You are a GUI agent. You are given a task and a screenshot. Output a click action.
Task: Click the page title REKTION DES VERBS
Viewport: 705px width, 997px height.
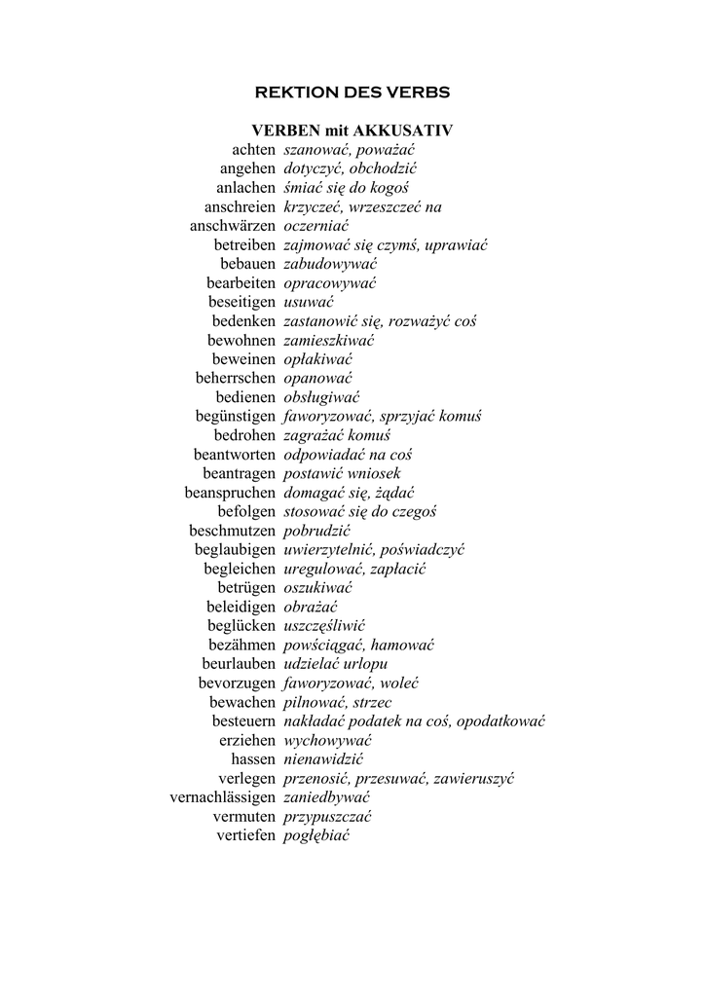tap(352, 92)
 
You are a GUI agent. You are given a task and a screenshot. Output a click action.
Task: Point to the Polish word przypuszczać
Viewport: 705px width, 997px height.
tap(327, 816)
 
